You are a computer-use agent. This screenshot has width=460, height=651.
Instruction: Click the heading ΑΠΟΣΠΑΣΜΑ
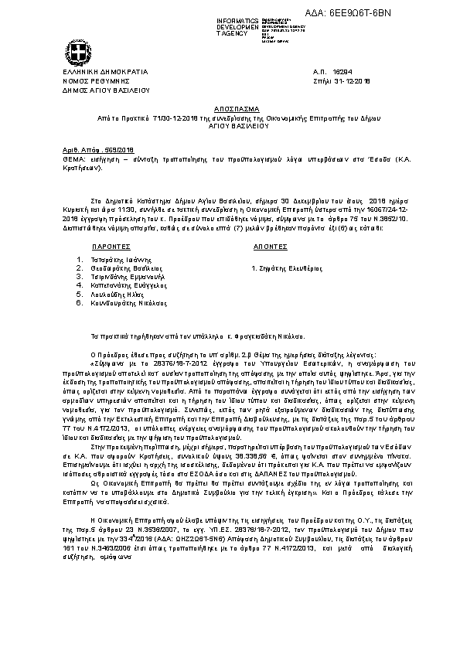coord(230,109)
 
